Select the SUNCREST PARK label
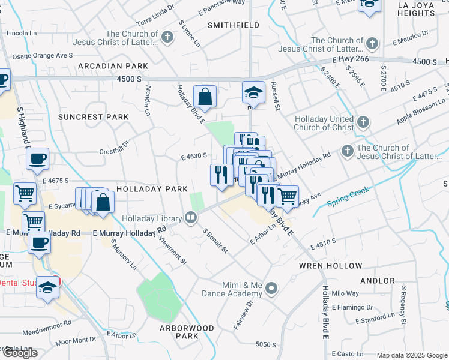pos(94,116)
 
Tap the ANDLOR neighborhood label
pos(376,280)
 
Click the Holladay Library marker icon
pos(191,217)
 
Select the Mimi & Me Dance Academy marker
pos(271,289)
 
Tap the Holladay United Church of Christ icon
pos(362,122)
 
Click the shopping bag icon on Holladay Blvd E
pos(205,97)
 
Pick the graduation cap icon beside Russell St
pos(253,92)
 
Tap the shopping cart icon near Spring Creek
pos(288,196)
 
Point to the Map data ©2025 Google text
pos(411,355)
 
